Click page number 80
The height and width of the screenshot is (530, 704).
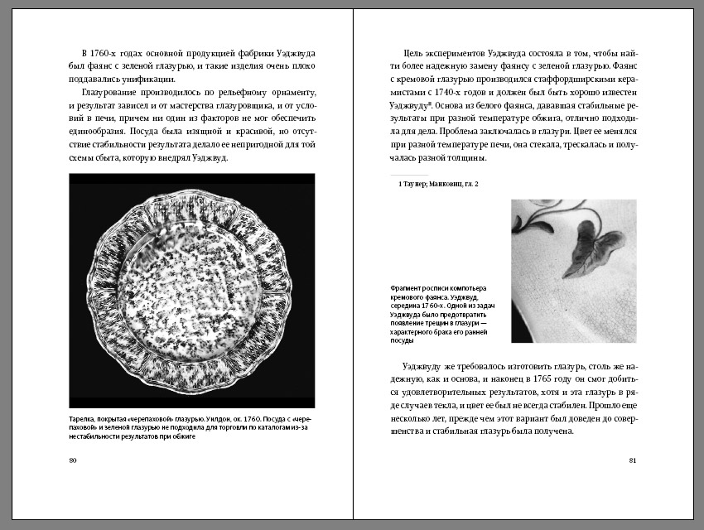pos(73,460)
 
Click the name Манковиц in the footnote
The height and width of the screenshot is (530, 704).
pos(449,183)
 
